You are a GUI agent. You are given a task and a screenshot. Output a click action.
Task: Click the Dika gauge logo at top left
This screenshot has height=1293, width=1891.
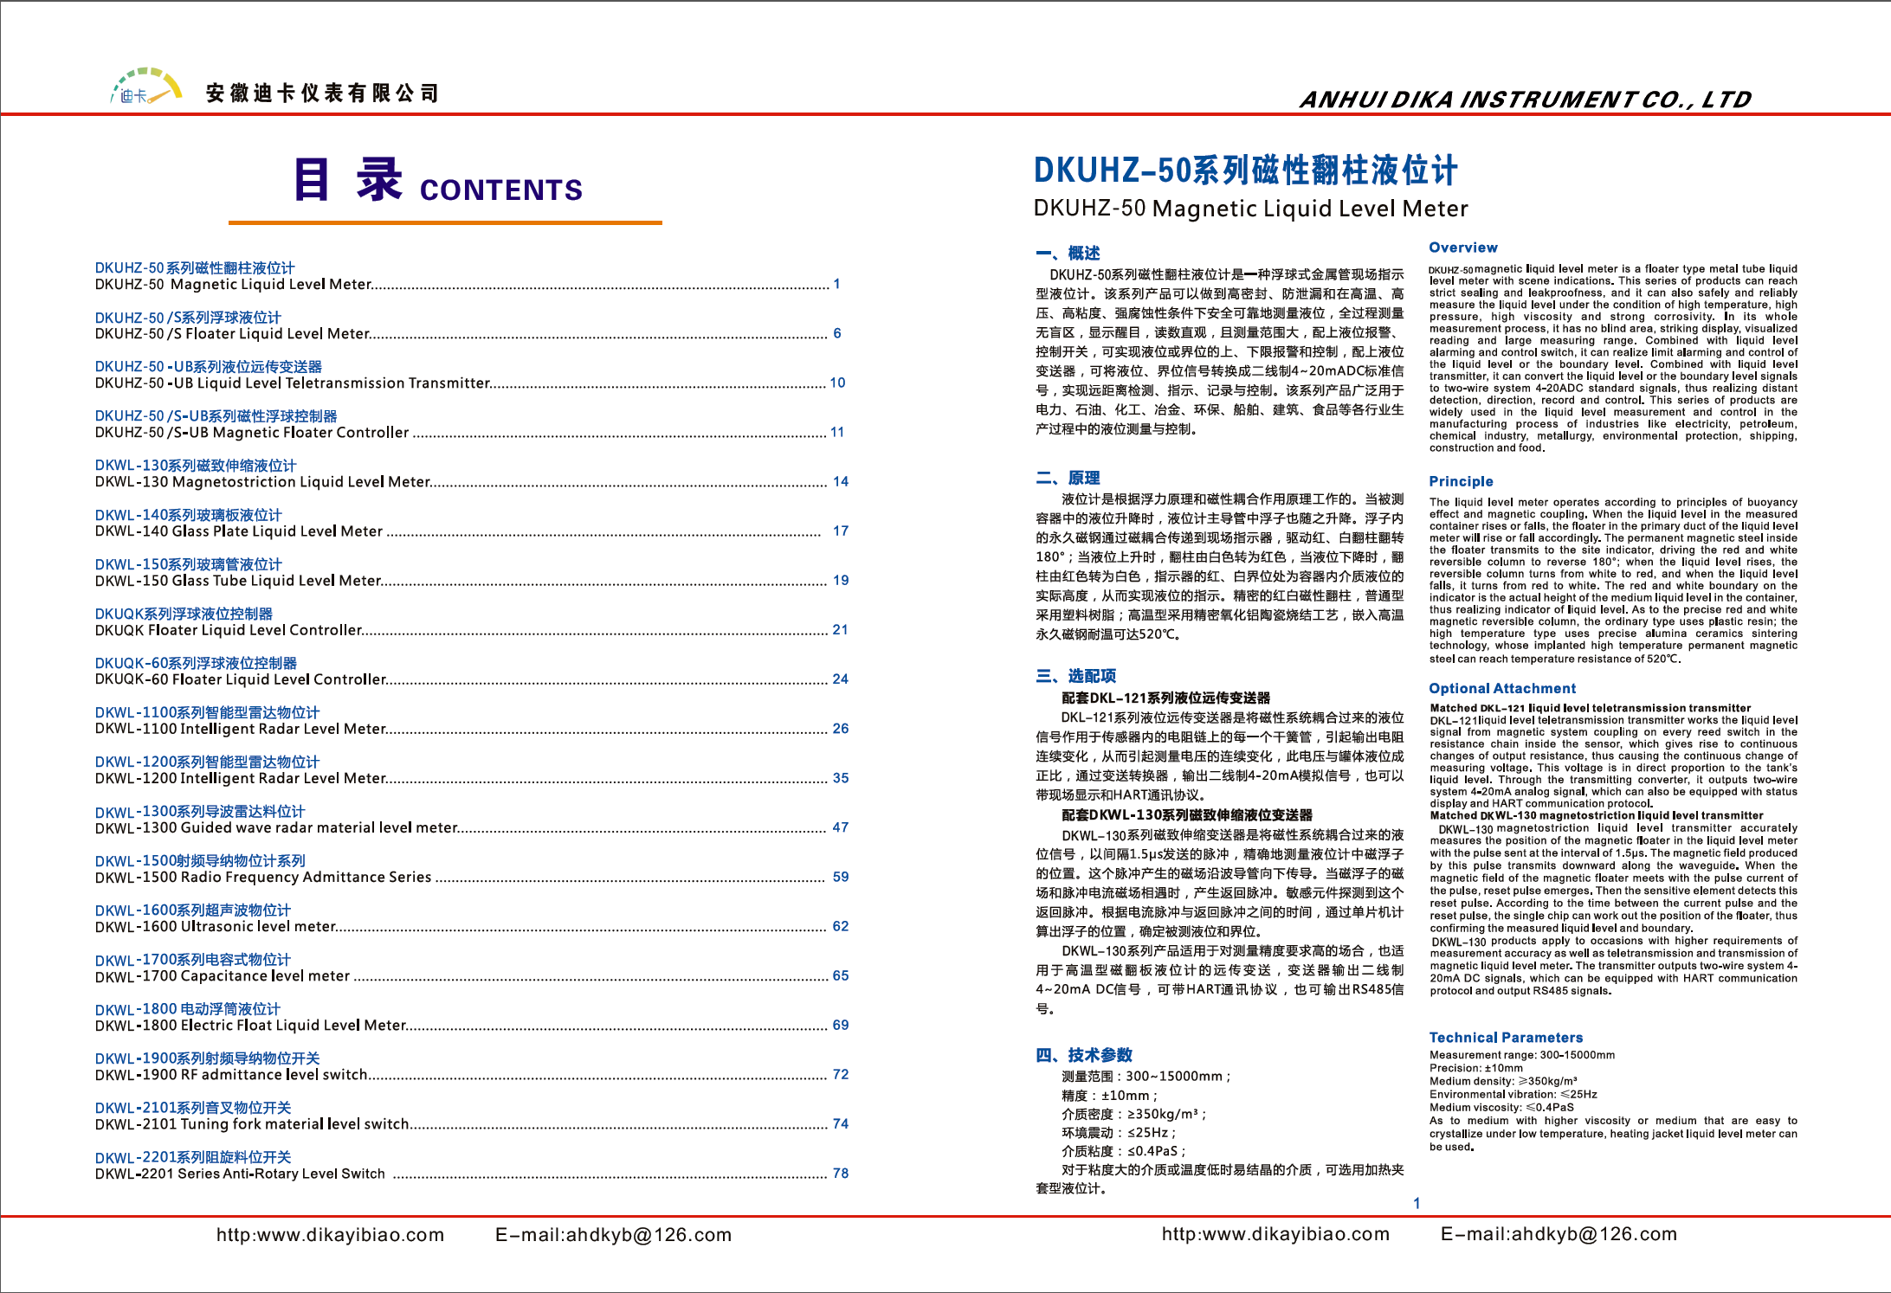click(145, 87)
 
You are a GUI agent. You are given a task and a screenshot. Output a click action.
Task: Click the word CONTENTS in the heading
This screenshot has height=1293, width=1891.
click(500, 190)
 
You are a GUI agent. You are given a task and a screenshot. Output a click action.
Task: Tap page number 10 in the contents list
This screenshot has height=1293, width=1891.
click(837, 383)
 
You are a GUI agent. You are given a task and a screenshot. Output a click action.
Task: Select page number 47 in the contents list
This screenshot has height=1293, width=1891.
click(840, 827)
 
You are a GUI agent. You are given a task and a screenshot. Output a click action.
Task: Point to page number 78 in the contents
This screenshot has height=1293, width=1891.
click(840, 1174)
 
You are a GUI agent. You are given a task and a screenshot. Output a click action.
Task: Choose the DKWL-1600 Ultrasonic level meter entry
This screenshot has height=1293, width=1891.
click(216, 927)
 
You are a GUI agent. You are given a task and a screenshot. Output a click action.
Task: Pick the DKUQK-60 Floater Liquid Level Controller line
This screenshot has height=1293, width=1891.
click(241, 679)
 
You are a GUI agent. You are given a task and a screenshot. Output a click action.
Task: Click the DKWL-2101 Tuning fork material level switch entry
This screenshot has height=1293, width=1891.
click(252, 1124)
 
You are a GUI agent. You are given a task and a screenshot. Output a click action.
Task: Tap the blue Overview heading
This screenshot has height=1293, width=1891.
click(1462, 248)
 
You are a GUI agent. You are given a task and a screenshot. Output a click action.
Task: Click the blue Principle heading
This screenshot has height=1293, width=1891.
click(1461, 481)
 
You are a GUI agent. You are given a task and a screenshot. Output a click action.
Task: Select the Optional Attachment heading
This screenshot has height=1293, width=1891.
click(1502, 688)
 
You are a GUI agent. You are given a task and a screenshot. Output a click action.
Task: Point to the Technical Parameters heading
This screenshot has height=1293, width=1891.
click(1506, 1037)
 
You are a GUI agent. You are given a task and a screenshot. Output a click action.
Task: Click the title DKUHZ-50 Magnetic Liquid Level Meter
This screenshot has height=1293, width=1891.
click(1250, 209)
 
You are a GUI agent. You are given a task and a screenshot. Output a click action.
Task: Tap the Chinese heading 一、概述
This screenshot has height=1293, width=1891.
click(1068, 253)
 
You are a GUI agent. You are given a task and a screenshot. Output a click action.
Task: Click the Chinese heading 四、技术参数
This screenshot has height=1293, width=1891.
click(1083, 1054)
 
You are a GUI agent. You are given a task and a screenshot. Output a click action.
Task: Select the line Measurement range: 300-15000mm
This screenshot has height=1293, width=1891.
click(1521, 1055)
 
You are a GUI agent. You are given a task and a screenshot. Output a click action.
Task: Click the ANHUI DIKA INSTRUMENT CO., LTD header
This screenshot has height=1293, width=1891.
click(1525, 100)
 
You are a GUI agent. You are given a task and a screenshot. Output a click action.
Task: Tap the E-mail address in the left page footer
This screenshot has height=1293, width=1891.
click(613, 1235)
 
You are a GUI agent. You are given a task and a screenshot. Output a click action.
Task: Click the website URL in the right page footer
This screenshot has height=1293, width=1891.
click(1275, 1235)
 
